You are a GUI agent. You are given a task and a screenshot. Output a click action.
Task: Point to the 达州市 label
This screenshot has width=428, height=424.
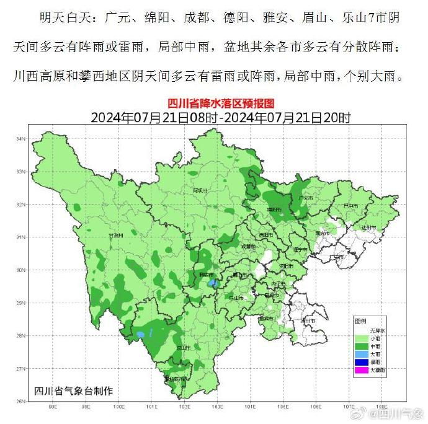(370, 228)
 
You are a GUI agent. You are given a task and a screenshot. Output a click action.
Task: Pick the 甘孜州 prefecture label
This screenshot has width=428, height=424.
(116, 236)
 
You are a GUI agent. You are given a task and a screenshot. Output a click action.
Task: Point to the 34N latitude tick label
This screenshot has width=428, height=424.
(20, 138)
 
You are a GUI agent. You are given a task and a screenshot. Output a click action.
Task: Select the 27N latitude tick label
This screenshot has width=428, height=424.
(20, 368)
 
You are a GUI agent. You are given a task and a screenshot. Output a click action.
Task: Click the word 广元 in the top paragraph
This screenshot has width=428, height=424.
(116, 18)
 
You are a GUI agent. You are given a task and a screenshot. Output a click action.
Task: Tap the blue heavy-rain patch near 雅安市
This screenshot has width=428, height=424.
(213, 283)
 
